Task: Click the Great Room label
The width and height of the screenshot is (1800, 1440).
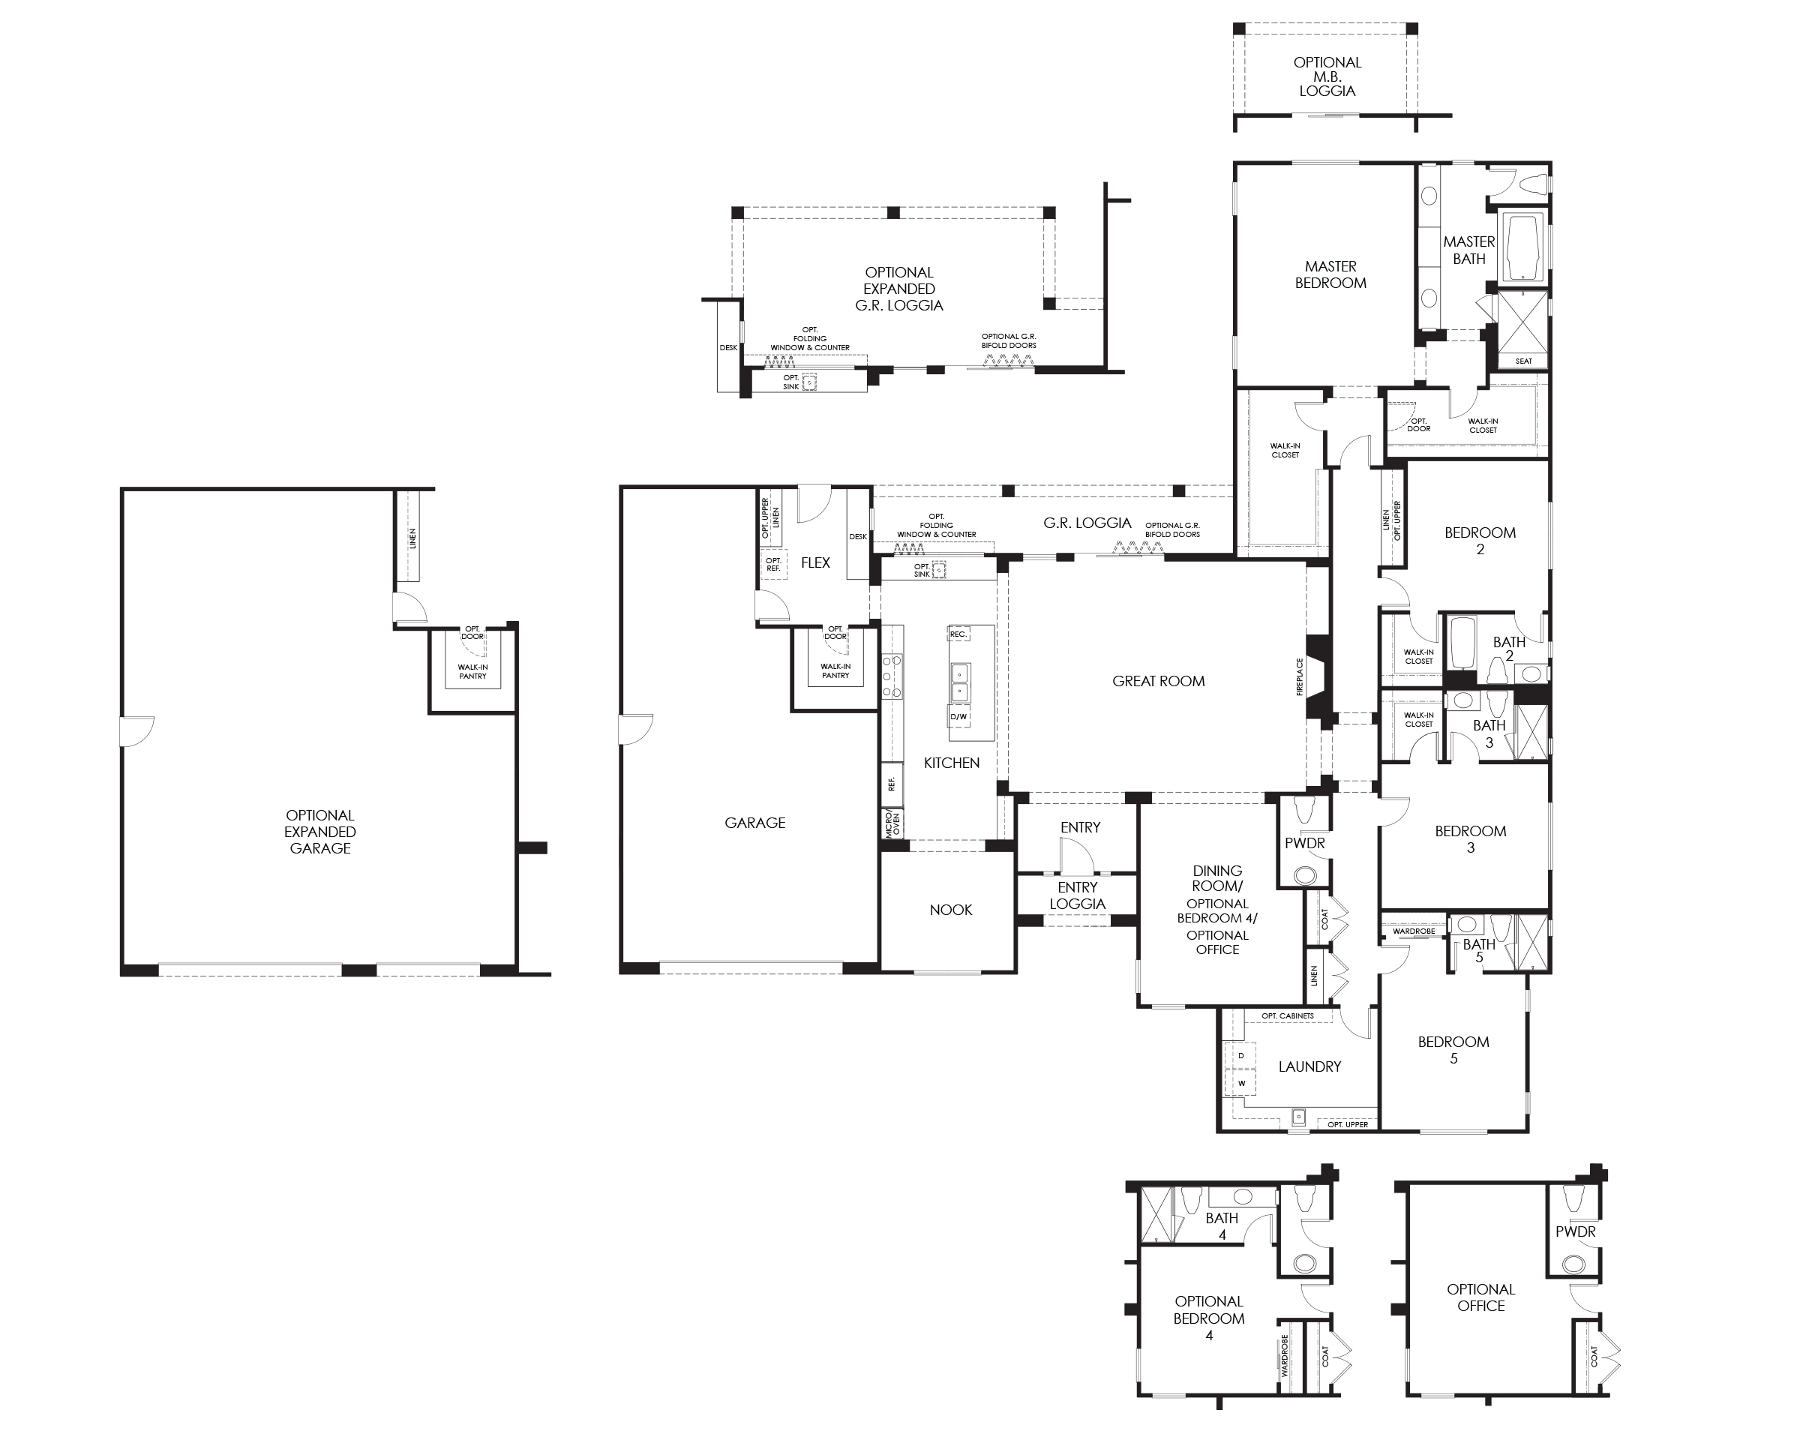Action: (x=1158, y=681)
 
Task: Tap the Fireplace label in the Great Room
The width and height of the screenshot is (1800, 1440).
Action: (x=1299, y=677)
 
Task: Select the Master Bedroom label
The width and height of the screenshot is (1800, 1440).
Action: (x=1330, y=274)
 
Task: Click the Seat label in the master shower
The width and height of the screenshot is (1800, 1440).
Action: (x=1524, y=361)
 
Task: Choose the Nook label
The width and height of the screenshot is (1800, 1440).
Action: (x=951, y=910)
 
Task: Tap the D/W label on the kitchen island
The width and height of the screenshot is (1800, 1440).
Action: (x=958, y=717)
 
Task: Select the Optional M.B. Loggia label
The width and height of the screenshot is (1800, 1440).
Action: (x=1327, y=76)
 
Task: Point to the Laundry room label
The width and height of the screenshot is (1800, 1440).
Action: (x=1310, y=1066)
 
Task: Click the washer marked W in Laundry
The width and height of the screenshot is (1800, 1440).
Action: (x=1240, y=1084)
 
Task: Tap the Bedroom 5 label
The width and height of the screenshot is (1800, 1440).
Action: (x=1453, y=1050)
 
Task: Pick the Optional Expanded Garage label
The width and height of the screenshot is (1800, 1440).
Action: (x=319, y=832)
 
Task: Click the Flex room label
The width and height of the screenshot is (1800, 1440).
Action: (x=816, y=562)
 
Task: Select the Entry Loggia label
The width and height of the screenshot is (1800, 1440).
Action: (x=1078, y=895)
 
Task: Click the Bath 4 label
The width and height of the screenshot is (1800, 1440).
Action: (x=1222, y=1226)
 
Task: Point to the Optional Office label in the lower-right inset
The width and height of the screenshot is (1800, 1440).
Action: (x=1481, y=1298)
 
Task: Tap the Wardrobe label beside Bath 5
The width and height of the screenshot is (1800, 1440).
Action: (x=1414, y=931)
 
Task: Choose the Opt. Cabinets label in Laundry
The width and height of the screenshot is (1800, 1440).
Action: (x=1288, y=1016)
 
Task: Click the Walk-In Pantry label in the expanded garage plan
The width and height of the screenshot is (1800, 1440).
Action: (x=472, y=672)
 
